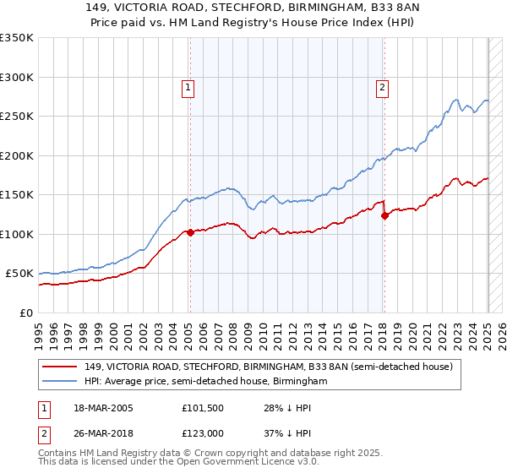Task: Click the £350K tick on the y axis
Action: coord(17,38)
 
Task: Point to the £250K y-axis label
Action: coord(17,117)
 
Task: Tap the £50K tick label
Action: coord(19,274)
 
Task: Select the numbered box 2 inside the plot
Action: coord(383,85)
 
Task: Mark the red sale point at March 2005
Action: coord(190,232)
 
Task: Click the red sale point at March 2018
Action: coord(385,215)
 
